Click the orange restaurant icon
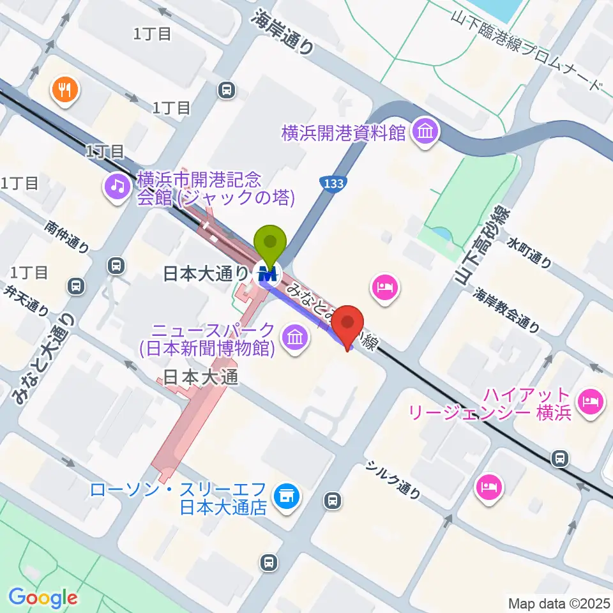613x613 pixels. click(x=64, y=89)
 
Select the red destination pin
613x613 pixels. click(x=349, y=326)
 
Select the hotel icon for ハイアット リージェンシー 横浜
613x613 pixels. click(x=587, y=402)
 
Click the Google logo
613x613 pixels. click(x=43, y=598)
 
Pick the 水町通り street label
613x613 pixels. click(x=529, y=252)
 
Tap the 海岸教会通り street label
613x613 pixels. click(x=506, y=310)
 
